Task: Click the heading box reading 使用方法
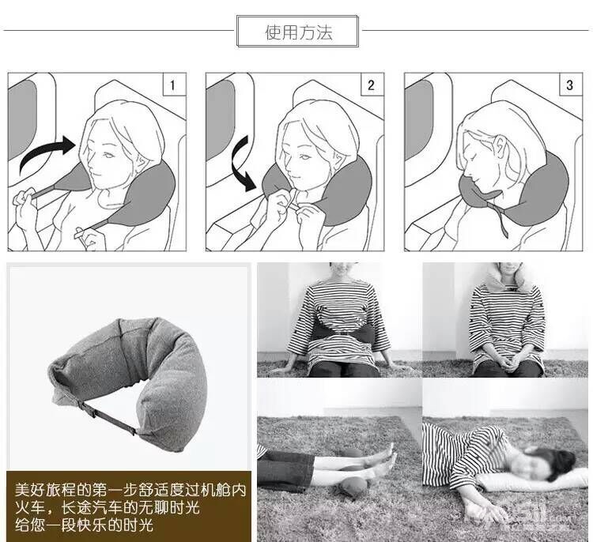pyautogui.click(x=297, y=31)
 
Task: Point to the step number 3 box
pyautogui.click(x=570, y=85)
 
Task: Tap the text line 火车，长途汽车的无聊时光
pyautogui.click(x=108, y=507)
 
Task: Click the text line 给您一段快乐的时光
pyautogui.click(x=84, y=525)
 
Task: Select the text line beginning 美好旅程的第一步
pyautogui.click(x=130, y=490)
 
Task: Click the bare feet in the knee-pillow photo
pyautogui.click(x=387, y=458)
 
